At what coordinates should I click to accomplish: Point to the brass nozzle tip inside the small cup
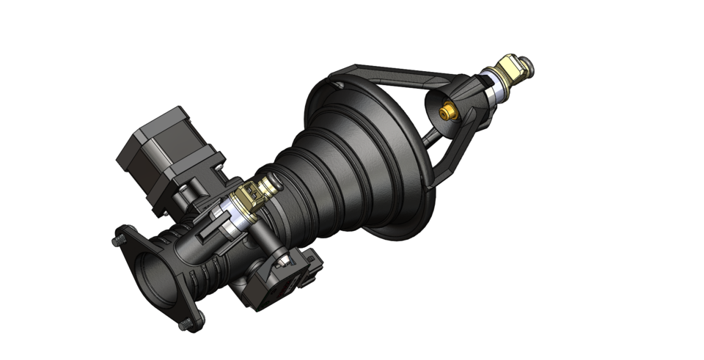445,112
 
